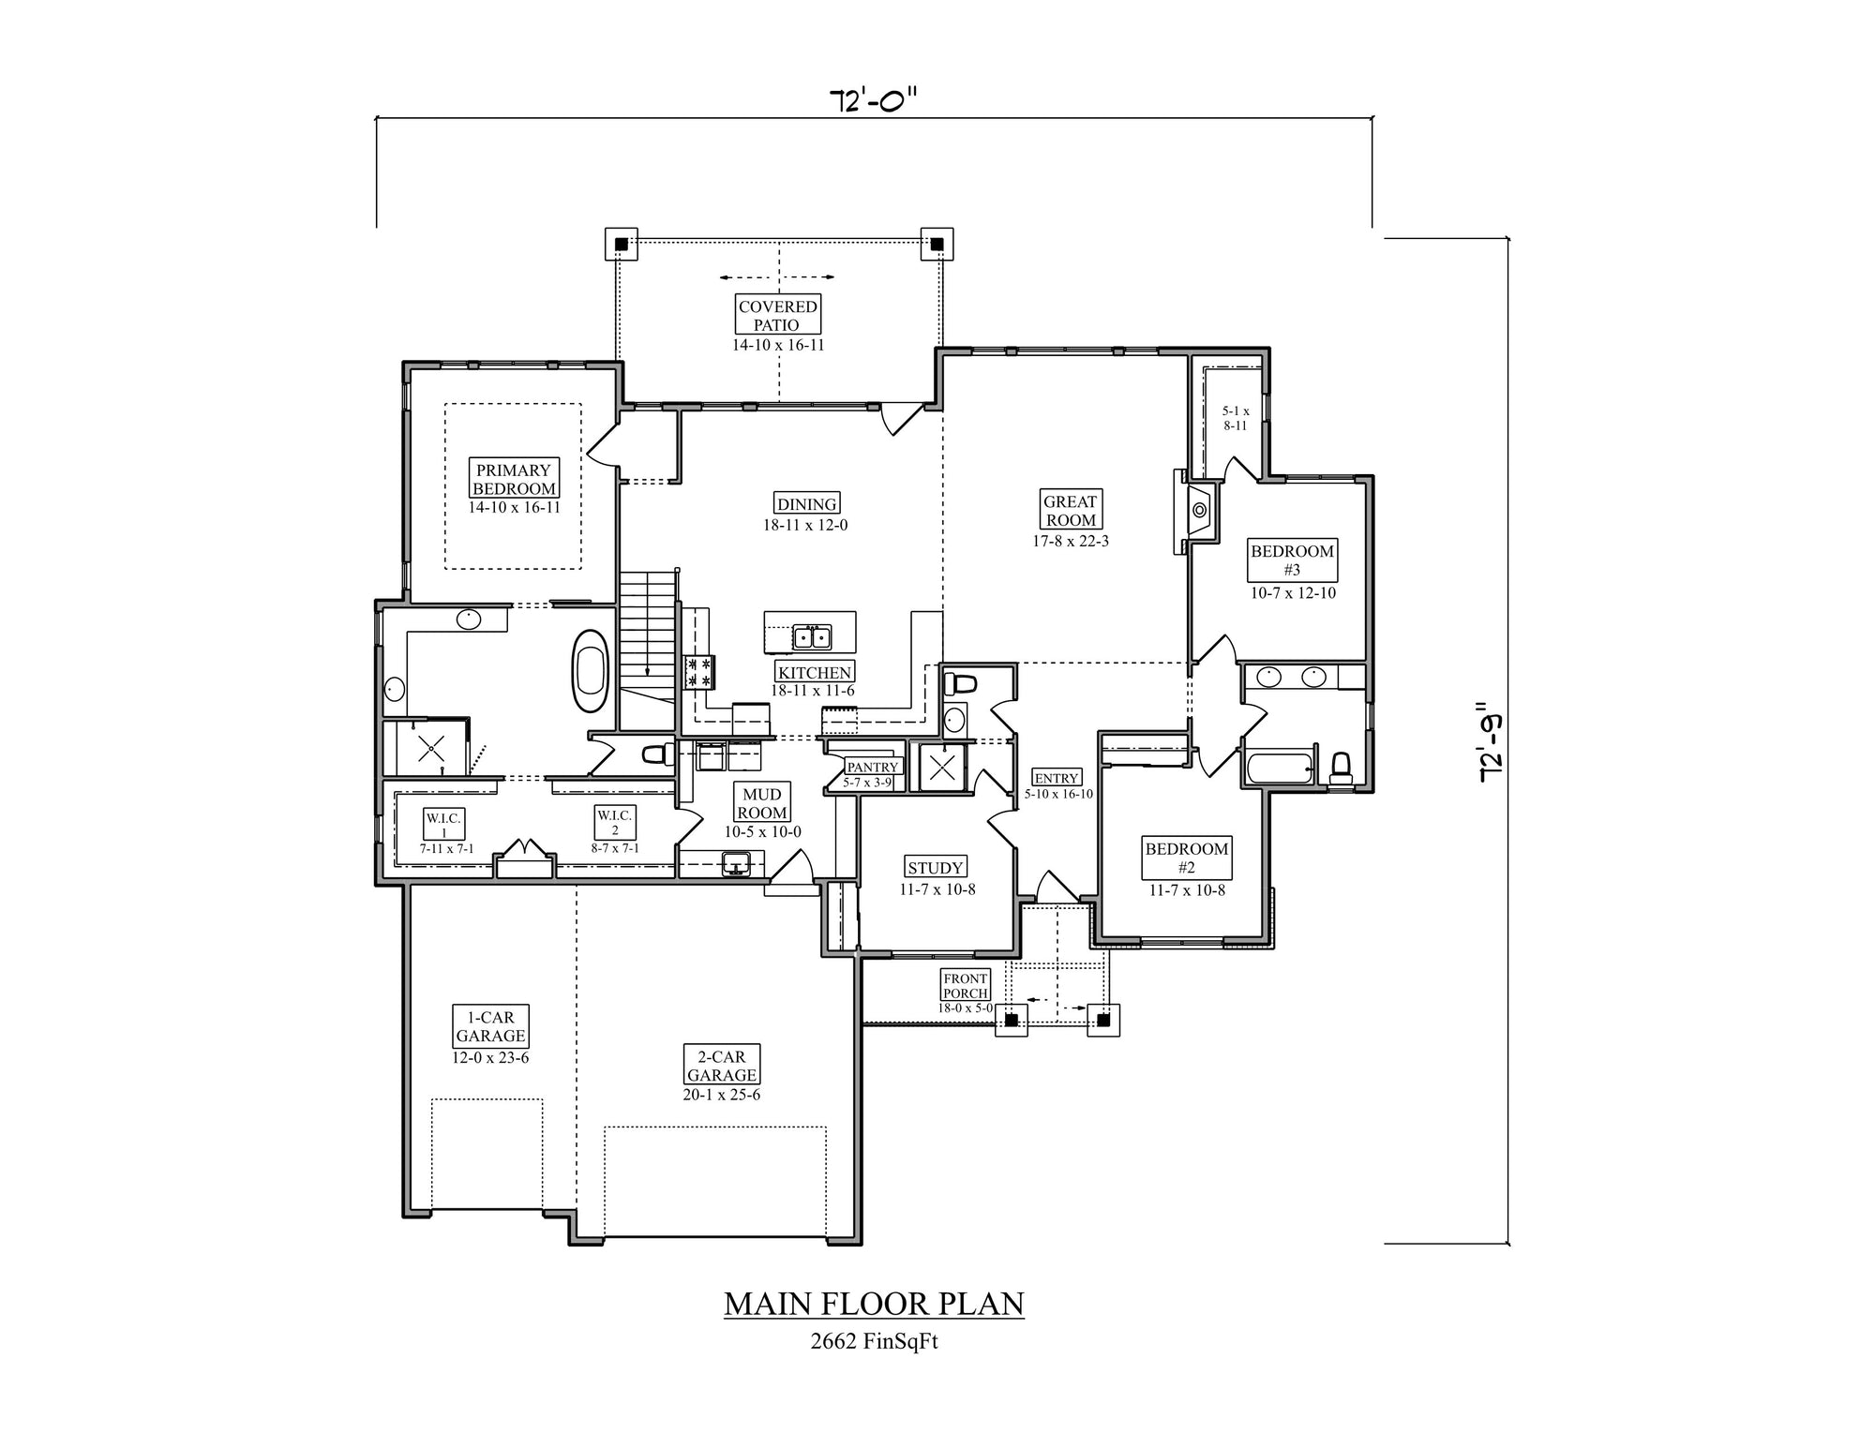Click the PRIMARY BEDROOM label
(514, 479)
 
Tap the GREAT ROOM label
(1071, 511)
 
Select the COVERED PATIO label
(777, 315)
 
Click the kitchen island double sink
(812, 637)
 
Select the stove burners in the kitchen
(700, 671)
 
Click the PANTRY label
(873, 767)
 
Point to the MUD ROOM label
(762, 803)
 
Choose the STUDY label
(936, 868)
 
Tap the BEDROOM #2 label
(1187, 858)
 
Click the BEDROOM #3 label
(1292, 560)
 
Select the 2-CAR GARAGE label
(722, 1066)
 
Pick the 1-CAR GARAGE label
(491, 1026)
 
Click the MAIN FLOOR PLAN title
(874, 1304)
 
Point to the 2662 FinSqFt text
(874, 1341)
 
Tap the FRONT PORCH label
(966, 986)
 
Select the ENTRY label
(1057, 778)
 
